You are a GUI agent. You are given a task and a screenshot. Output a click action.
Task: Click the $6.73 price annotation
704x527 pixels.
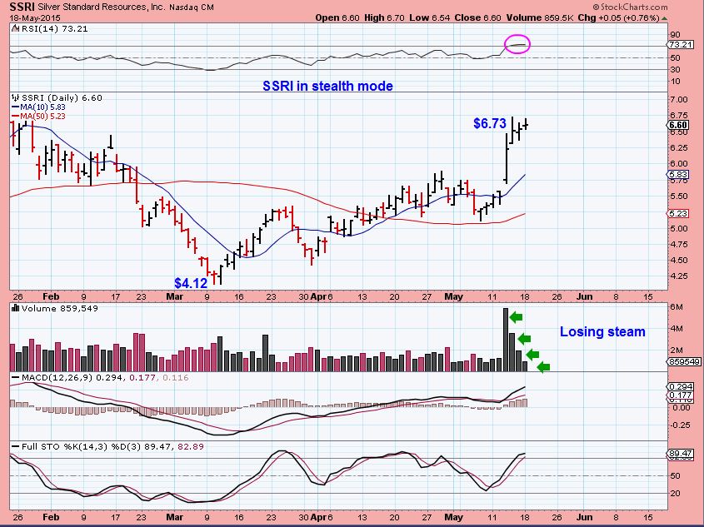[x=489, y=123]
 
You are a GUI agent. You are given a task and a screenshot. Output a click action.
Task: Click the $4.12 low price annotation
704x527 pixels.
[x=190, y=283]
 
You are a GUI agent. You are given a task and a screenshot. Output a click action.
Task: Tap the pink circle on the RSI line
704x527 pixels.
[x=517, y=43]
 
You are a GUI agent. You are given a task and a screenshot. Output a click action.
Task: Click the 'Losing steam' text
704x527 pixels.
[x=602, y=332]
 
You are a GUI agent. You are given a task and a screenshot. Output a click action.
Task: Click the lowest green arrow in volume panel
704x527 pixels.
[x=544, y=367]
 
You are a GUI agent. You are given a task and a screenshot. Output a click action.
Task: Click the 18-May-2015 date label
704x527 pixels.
[x=28, y=17]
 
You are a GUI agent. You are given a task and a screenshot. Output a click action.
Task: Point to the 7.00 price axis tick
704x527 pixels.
[x=677, y=99]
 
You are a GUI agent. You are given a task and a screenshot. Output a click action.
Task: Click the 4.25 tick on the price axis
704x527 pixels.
[x=677, y=276]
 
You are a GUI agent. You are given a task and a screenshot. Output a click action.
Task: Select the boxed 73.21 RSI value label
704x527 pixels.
[x=680, y=44]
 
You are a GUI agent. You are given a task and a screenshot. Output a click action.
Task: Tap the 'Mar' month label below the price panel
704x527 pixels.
[x=173, y=296]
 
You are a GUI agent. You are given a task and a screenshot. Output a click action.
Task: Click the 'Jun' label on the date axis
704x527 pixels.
[x=585, y=296]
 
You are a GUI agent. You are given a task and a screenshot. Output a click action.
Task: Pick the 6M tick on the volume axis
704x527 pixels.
[x=676, y=308]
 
